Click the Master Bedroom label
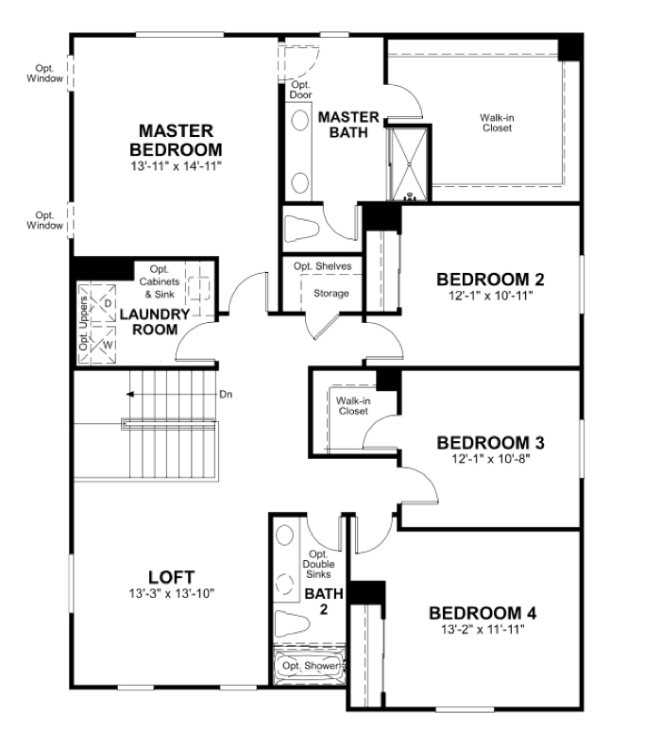pyautogui.click(x=176, y=140)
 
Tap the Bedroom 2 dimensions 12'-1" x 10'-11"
pyautogui.click(x=490, y=296)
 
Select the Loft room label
pyautogui.click(x=171, y=577)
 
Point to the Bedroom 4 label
pyautogui.click(x=483, y=613)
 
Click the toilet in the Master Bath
pyautogui.click(x=301, y=229)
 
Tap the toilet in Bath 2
pyautogui.click(x=292, y=623)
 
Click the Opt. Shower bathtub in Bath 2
pyautogui.click(x=309, y=665)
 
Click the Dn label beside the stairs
pyautogui.click(x=226, y=395)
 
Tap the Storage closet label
pyautogui.click(x=331, y=294)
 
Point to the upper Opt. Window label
pyautogui.click(x=44, y=74)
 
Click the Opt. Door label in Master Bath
pyautogui.click(x=300, y=90)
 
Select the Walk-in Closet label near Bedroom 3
pyautogui.click(x=353, y=406)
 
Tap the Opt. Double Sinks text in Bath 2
pyautogui.click(x=318, y=564)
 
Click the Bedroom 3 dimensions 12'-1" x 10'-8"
pyautogui.click(x=491, y=459)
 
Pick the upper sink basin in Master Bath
pyautogui.click(x=299, y=121)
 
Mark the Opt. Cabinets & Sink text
pyautogui.click(x=160, y=282)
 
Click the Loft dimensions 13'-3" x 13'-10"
pyautogui.click(x=171, y=594)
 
